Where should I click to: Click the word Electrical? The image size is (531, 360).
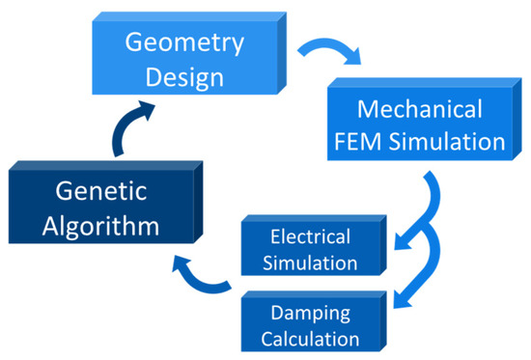[x=310, y=236]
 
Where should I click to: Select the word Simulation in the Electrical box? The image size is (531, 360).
[x=312, y=262]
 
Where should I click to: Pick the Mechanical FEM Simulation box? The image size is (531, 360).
[x=415, y=125]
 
